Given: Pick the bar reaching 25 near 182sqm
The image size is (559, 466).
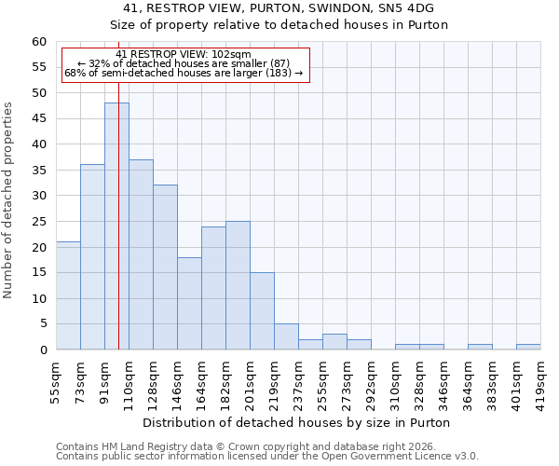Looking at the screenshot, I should (x=238, y=285).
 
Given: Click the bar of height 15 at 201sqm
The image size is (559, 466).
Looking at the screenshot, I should (x=262, y=311).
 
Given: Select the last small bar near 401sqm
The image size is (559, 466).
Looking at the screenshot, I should (x=528, y=347).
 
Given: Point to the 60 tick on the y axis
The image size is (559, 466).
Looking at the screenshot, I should (x=39, y=42).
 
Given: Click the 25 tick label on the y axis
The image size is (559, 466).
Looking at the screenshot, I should (x=39, y=222).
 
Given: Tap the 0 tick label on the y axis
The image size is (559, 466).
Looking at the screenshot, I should (x=43, y=350).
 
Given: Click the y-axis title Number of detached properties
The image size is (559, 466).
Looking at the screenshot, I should (x=8, y=200).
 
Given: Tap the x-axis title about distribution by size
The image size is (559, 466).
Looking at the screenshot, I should (x=298, y=422).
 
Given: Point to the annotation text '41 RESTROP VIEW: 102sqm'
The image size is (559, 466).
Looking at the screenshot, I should (x=184, y=54).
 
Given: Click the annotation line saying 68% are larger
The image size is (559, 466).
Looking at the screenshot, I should (x=184, y=73).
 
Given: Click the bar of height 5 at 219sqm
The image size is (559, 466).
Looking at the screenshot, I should (x=286, y=336).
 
